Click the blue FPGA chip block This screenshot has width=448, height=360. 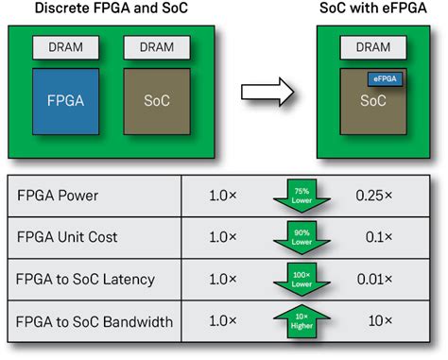pyautogui.click(x=62, y=98)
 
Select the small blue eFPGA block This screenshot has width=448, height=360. pyautogui.click(x=384, y=80)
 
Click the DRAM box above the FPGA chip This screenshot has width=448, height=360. pyautogui.click(x=62, y=47)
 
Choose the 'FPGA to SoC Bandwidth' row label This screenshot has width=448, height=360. pyautogui.click(x=95, y=323)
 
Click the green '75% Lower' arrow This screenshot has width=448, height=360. pyautogui.click(x=303, y=197)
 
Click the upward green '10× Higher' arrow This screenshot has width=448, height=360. pyautogui.click(x=303, y=321)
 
